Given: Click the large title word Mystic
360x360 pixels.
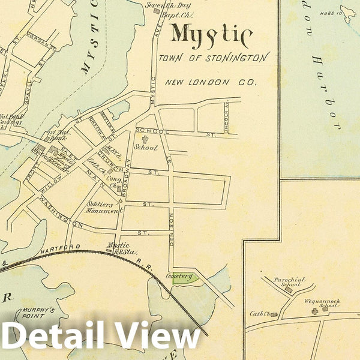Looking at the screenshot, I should (211, 35).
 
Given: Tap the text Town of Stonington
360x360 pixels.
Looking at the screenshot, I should (214, 59).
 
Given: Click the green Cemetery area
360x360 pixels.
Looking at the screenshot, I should (181, 277).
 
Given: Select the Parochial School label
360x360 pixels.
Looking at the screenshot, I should (290, 283).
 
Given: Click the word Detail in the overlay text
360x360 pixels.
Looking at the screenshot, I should (51, 338).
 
